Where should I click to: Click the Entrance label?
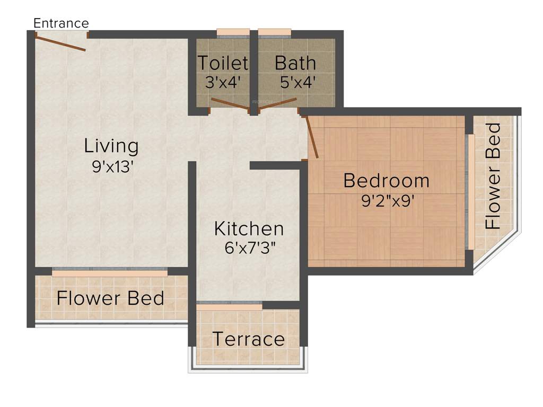coord(61,23)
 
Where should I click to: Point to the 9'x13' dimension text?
coord(111,166)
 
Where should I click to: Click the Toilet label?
coord(223,63)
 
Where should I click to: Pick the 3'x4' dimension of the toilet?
coord(223,82)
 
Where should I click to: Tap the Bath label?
coord(295,63)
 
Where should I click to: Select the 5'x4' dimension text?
coord(295,82)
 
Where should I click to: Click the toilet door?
coord(230,104)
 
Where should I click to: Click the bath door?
coord(277,104)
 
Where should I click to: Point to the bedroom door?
coord(312,137)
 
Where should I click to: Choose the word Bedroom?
coord(386,181)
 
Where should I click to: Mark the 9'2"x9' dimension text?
coord(386,201)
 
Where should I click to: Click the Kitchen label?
coord(249,229)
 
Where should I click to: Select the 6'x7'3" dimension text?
coord(249,248)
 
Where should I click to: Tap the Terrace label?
coord(249,339)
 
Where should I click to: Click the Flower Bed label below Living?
coord(110,298)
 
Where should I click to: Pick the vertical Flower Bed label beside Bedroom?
coord(493,176)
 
